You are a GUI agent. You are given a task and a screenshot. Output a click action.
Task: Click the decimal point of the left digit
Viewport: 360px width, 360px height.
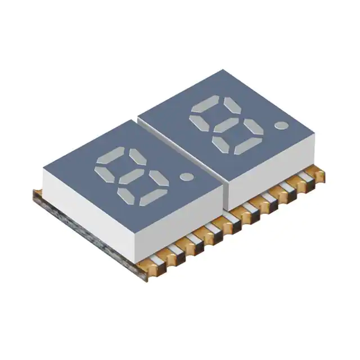[186, 178]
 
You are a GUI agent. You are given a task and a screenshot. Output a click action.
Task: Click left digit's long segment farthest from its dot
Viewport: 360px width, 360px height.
[111, 155]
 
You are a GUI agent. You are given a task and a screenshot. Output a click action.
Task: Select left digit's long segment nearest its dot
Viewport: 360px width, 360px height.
[152, 197]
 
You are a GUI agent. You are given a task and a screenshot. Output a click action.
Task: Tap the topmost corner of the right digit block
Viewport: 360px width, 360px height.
[223, 70]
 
